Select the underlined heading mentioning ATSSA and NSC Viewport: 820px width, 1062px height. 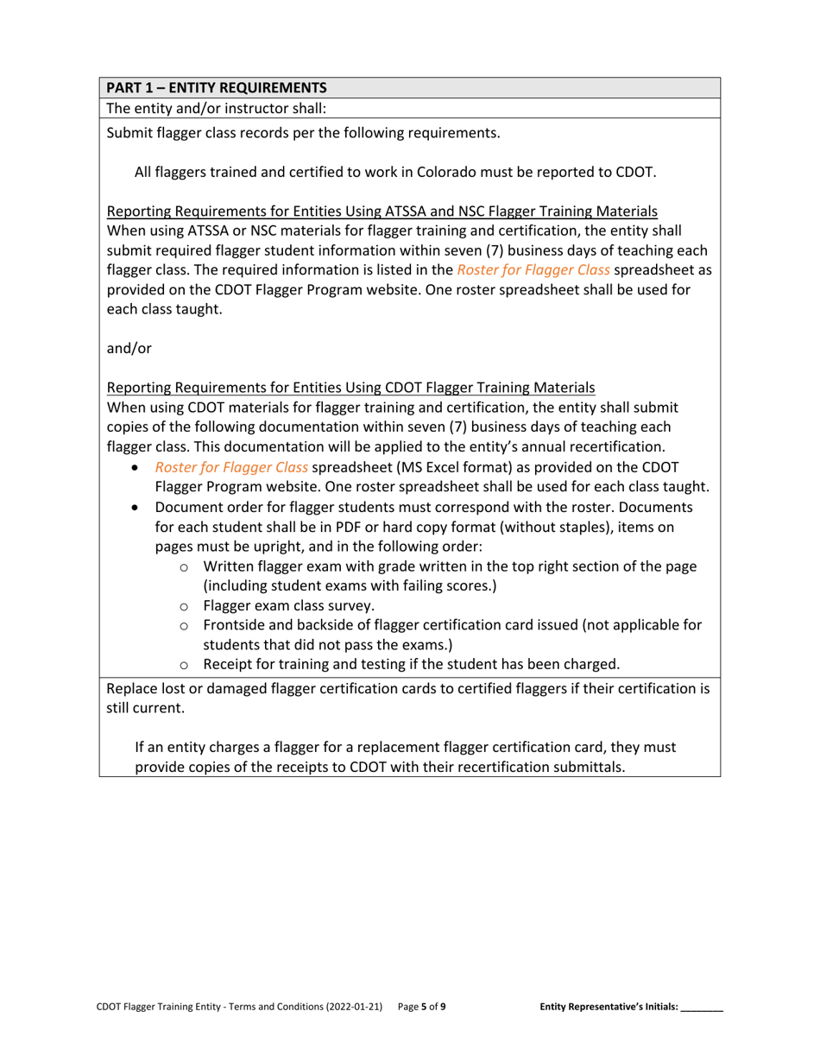tap(382, 212)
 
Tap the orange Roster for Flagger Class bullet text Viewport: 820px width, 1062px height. tap(231, 467)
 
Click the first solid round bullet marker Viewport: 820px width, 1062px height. tap(136, 468)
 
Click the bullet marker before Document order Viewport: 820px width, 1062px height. tap(136, 508)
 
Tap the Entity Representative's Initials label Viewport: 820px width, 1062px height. tap(609, 1006)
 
